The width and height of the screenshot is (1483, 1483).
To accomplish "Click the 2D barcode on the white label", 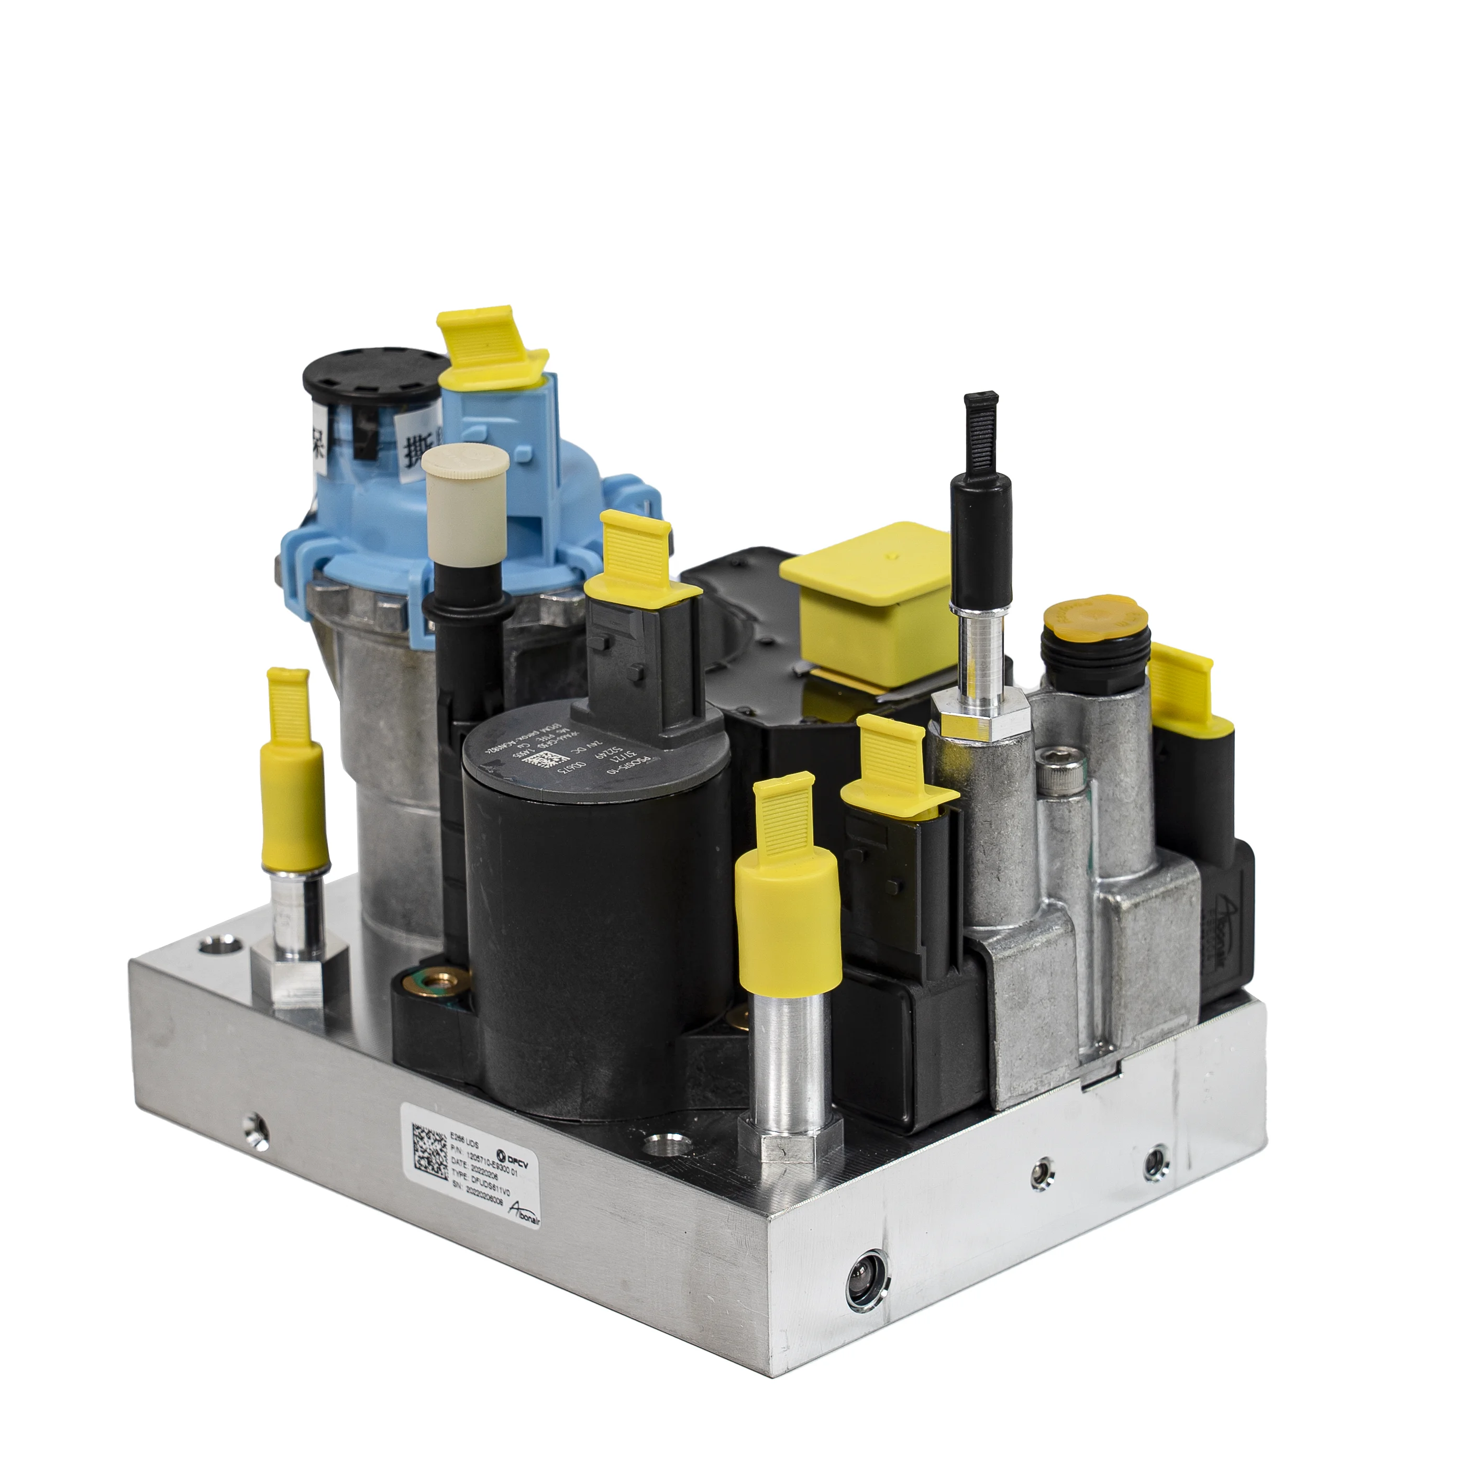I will point(430,1152).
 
